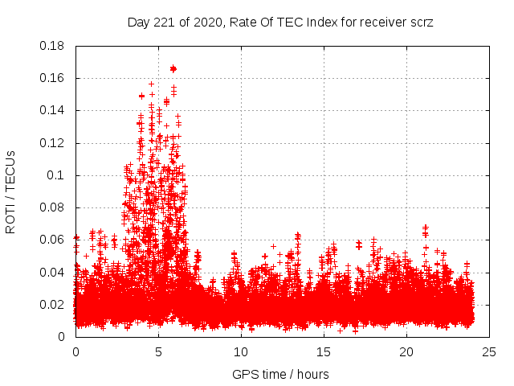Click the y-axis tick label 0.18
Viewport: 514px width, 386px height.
pyautogui.click(x=53, y=46)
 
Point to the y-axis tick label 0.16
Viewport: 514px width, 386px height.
pyautogui.click(x=53, y=78)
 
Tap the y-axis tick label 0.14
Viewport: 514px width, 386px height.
pyautogui.click(x=53, y=110)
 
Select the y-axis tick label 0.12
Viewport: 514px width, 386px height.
pyautogui.click(x=53, y=143)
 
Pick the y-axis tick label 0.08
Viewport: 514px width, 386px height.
pyautogui.click(x=53, y=207)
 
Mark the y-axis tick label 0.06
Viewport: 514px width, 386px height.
pyautogui.click(x=53, y=240)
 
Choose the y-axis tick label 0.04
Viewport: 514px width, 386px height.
pyautogui.click(x=53, y=272)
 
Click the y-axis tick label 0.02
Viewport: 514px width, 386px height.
pyautogui.click(x=53, y=304)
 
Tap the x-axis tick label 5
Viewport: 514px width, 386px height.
pyautogui.click(x=158, y=352)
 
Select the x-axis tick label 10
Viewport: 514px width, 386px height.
pyautogui.click(x=241, y=352)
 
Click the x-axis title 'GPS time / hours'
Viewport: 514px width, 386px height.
pyautogui.click(x=280, y=375)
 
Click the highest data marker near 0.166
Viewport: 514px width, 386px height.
pyautogui.click(x=173, y=69)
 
